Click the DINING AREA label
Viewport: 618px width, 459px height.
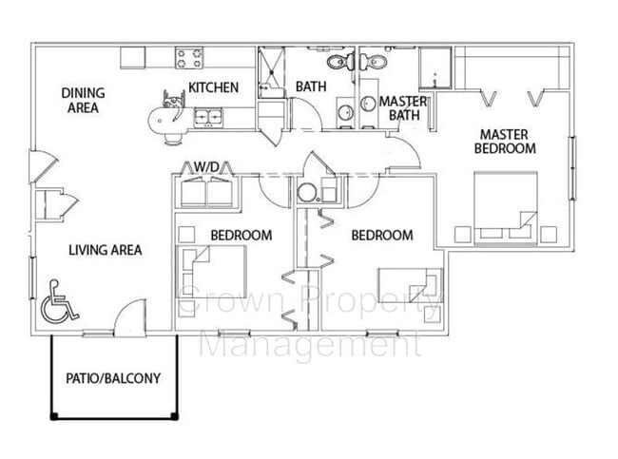coord(83,100)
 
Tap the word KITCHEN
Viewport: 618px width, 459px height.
coord(213,87)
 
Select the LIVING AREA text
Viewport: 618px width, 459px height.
coord(105,250)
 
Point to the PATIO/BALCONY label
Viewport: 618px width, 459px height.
coord(113,377)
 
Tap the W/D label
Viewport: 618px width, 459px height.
coord(207,167)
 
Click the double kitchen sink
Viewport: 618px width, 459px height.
coord(207,117)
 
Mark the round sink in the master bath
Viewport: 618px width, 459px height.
coord(367,104)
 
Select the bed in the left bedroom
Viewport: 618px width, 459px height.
coord(216,269)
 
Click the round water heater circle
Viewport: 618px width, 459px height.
coord(307,192)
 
